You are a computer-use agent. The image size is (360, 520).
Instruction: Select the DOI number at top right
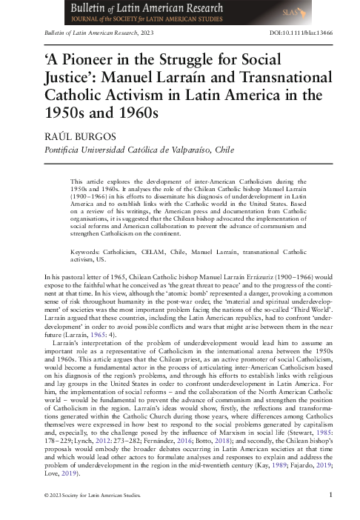306,35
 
